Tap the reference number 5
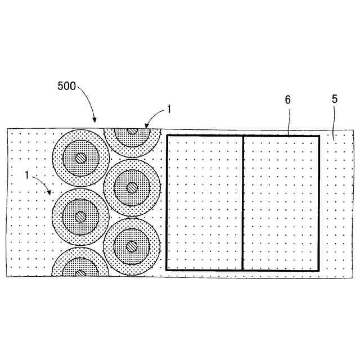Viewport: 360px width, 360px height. pos(335,99)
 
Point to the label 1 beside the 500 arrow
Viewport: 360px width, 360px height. pos(168,110)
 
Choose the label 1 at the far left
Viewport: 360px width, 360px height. pos(26,174)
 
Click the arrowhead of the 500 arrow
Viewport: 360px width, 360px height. pos(94,120)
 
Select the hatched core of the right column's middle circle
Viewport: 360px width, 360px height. pos(132,187)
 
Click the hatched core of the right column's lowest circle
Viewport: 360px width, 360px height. pos(132,245)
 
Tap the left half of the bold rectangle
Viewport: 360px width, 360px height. pos(205,202)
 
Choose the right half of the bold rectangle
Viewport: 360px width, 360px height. pos(281,202)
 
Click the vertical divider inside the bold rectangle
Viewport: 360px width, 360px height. pos(242,202)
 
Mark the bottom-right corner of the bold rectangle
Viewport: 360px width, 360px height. pos(319,270)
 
